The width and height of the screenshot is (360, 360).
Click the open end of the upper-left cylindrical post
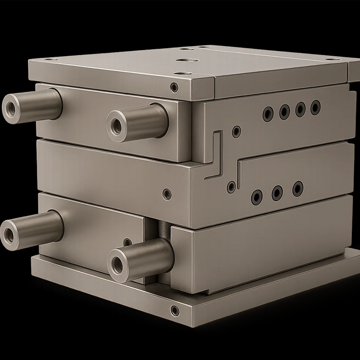coord(12,107)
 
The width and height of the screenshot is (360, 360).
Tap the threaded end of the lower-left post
coord(9,234)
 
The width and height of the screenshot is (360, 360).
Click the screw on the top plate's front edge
coord(174,87)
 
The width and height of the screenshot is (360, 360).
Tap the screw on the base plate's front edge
coord(175,310)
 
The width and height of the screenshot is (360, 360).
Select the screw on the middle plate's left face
coord(167,194)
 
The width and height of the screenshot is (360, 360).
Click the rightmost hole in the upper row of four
coord(315,107)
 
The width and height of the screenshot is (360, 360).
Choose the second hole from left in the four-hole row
coord(284,111)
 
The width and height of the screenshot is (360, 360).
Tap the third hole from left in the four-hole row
coord(300,109)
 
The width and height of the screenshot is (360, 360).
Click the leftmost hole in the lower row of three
coord(257,196)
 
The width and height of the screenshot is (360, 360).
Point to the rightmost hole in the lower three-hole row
coord(297,189)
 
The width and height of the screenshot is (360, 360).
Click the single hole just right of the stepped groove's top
coord(236,131)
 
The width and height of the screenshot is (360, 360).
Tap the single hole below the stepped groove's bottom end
coord(231,186)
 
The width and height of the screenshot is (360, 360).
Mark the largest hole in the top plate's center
coord(184,59)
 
